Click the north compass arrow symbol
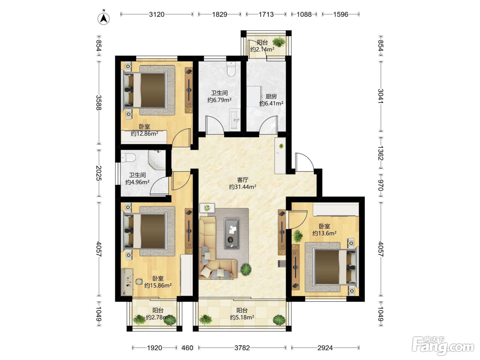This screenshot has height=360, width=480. (x=104, y=19)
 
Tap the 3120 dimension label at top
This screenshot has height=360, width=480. (x=157, y=14)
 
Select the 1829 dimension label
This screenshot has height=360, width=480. (x=219, y=14)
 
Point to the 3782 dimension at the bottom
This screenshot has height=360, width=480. (x=242, y=348)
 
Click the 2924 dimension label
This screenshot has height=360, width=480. (x=325, y=348)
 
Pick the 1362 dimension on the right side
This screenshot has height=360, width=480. (x=381, y=153)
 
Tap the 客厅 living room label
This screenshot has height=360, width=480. (x=242, y=180)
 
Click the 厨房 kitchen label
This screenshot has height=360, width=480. (x=271, y=96)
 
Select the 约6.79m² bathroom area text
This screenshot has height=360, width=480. (x=219, y=100)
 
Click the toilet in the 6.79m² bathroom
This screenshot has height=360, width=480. (x=231, y=69)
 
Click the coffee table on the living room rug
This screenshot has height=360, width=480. (x=231, y=233)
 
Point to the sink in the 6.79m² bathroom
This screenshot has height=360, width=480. (x=235, y=120)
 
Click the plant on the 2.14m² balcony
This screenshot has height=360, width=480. (x=279, y=42)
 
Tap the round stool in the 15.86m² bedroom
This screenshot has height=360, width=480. (x=139, y=282)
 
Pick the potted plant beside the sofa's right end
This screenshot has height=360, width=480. (x=246, y=269)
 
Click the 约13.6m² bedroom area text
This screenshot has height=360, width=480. (x=324, y=233)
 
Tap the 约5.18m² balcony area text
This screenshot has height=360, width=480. (x=242, y=317)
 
